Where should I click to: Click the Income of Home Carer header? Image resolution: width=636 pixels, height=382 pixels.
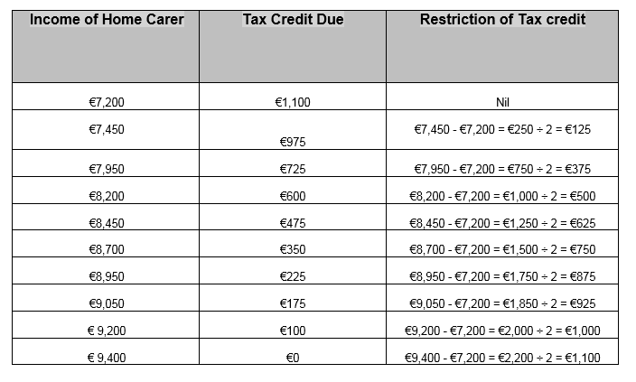(x=106, y=20)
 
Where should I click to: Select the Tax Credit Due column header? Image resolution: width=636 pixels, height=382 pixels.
(x=293, y=20)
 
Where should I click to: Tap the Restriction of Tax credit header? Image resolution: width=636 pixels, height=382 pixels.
(x=502, y=20)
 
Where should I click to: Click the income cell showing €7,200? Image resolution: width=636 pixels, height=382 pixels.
(x=107, y=102)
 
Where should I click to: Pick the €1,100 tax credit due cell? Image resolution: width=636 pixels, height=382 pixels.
(x=292, y=102)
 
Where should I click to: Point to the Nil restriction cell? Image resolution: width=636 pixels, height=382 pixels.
(x=503, y=102)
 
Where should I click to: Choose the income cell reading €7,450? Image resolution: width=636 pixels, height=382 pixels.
(x=107, y=129)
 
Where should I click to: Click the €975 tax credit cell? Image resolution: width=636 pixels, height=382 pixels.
(x=292, y=142)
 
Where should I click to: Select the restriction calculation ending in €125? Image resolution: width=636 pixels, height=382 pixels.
(x=502, y=129)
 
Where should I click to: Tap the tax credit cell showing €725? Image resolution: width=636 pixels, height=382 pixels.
(x=292, y=169)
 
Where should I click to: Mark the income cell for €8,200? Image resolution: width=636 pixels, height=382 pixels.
(x=107, y=196)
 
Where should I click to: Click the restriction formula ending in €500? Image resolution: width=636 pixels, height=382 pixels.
(x=502, y=196)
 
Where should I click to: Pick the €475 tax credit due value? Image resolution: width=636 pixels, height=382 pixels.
(x=292, y=223)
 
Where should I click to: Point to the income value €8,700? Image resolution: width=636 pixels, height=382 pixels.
(x=107, y=250)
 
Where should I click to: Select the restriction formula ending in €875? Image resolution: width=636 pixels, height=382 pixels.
(x=502, y=277)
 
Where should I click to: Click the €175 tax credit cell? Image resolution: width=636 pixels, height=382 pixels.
(x=292, y=303)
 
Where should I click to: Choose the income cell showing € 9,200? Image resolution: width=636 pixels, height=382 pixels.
(x=107, y=331)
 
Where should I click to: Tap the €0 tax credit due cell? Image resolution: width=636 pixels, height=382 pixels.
(x=292, y=358)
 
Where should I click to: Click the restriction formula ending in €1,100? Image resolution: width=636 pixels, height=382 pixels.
(x=502, y=358)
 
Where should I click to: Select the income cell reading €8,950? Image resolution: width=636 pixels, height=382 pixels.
(x=107, y=277)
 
